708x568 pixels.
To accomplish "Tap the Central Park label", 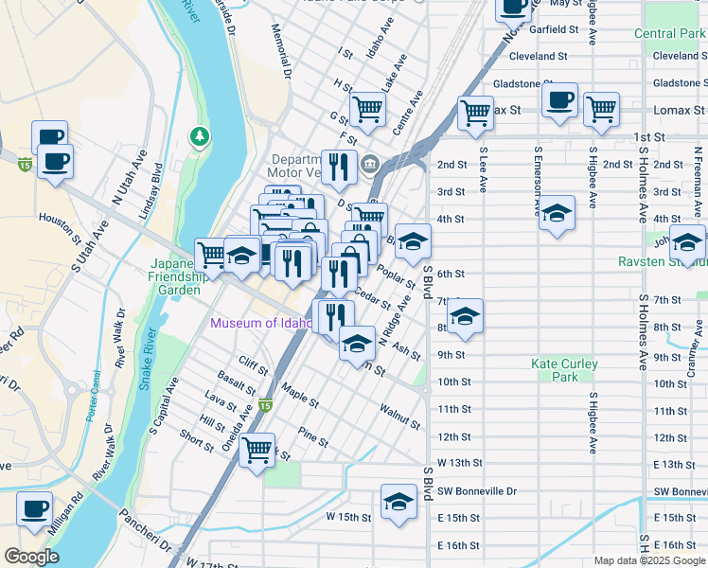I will [669, 34].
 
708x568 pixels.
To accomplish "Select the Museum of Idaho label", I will [261, 323].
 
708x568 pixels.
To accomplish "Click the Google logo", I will [31, 556].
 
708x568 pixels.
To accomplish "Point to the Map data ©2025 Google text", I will [648, 560].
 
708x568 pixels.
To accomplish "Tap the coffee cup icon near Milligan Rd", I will [35, 509].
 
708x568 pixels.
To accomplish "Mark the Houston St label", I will [57, 218].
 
